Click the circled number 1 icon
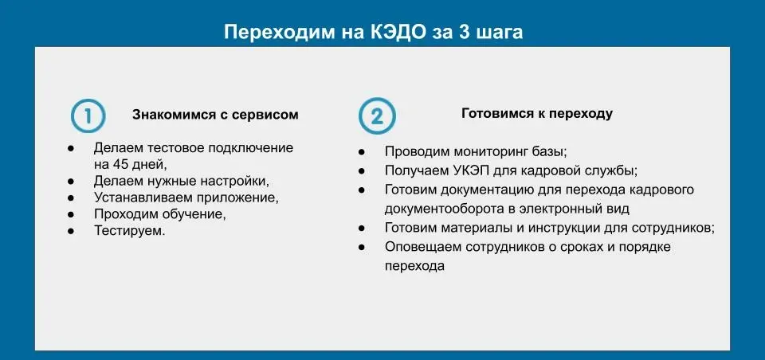[88, 116]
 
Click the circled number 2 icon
[377, 116]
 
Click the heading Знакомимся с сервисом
[215, 115]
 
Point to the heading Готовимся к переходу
[537, 114]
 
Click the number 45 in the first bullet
[115, 164]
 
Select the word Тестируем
[130, 231]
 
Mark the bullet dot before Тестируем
[71, 231]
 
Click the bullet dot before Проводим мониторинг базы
[362, 152]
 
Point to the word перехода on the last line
[414, 267]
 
